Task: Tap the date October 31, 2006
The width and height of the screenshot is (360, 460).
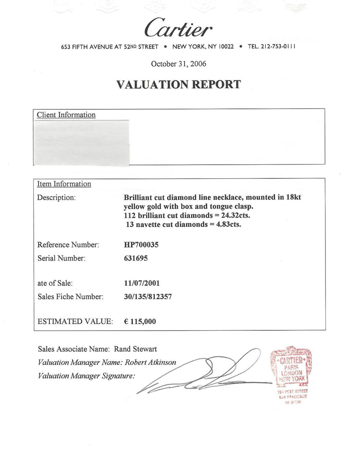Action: click(x=179, y=64)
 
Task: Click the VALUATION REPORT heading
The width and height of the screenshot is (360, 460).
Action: click(x=179, y=84)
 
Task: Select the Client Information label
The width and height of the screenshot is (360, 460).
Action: click(x=66, y=115)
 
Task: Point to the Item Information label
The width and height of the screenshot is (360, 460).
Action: click(x=64, y=184)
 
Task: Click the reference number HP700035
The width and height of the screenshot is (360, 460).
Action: click(x=141, y=245)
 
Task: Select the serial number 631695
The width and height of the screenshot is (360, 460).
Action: click(x=136, y=258)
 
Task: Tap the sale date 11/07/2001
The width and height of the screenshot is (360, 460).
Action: click(x=142, y=283)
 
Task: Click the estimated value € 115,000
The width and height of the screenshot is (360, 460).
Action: click(x=140, y=322)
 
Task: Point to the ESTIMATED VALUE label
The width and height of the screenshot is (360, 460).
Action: click(x=74, y=322)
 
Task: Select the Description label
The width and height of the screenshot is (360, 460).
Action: click(x=56, y=198)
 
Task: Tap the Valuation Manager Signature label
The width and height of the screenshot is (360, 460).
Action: click(x=86, y=376)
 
